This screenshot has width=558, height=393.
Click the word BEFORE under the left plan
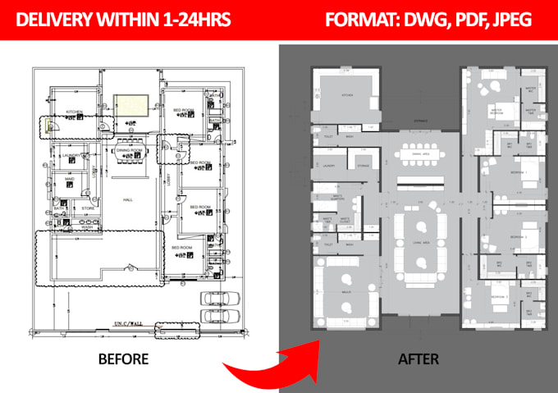[x=123, y=359]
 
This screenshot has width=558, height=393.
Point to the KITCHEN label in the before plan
[x=75, y=111]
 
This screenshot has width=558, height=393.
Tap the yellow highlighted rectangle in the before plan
[x=130, y=105]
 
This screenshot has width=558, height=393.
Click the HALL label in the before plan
[x=127, y=199]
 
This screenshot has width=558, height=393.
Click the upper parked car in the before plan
[x=220, y=299]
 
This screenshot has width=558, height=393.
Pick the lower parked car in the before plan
[x=220, y=315]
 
